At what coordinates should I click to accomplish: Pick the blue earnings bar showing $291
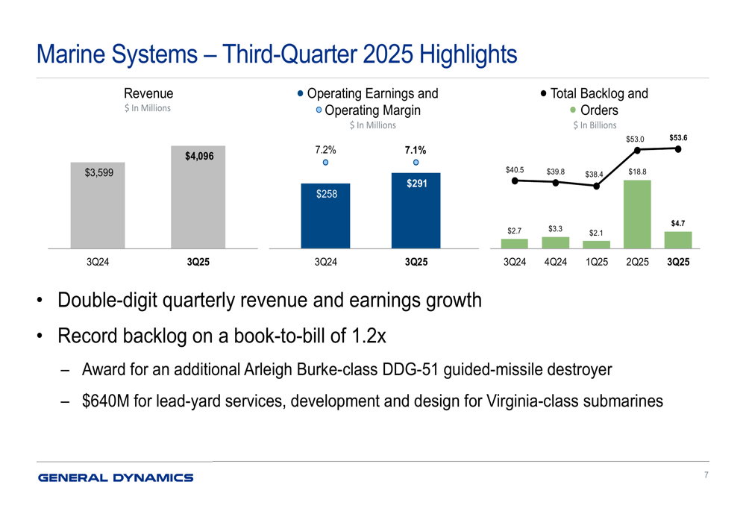pos(416,210)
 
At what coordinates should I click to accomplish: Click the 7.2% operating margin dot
pos(325,163)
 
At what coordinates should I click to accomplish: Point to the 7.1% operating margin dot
pos(416,163)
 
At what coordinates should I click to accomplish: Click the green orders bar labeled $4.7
pos(678,239)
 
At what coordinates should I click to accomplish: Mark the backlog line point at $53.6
pos(678,148)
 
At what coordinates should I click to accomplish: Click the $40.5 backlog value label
pos(514,170)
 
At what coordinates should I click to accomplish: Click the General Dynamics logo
pos(116,477)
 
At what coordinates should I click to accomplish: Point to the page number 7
pos(705,475)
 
